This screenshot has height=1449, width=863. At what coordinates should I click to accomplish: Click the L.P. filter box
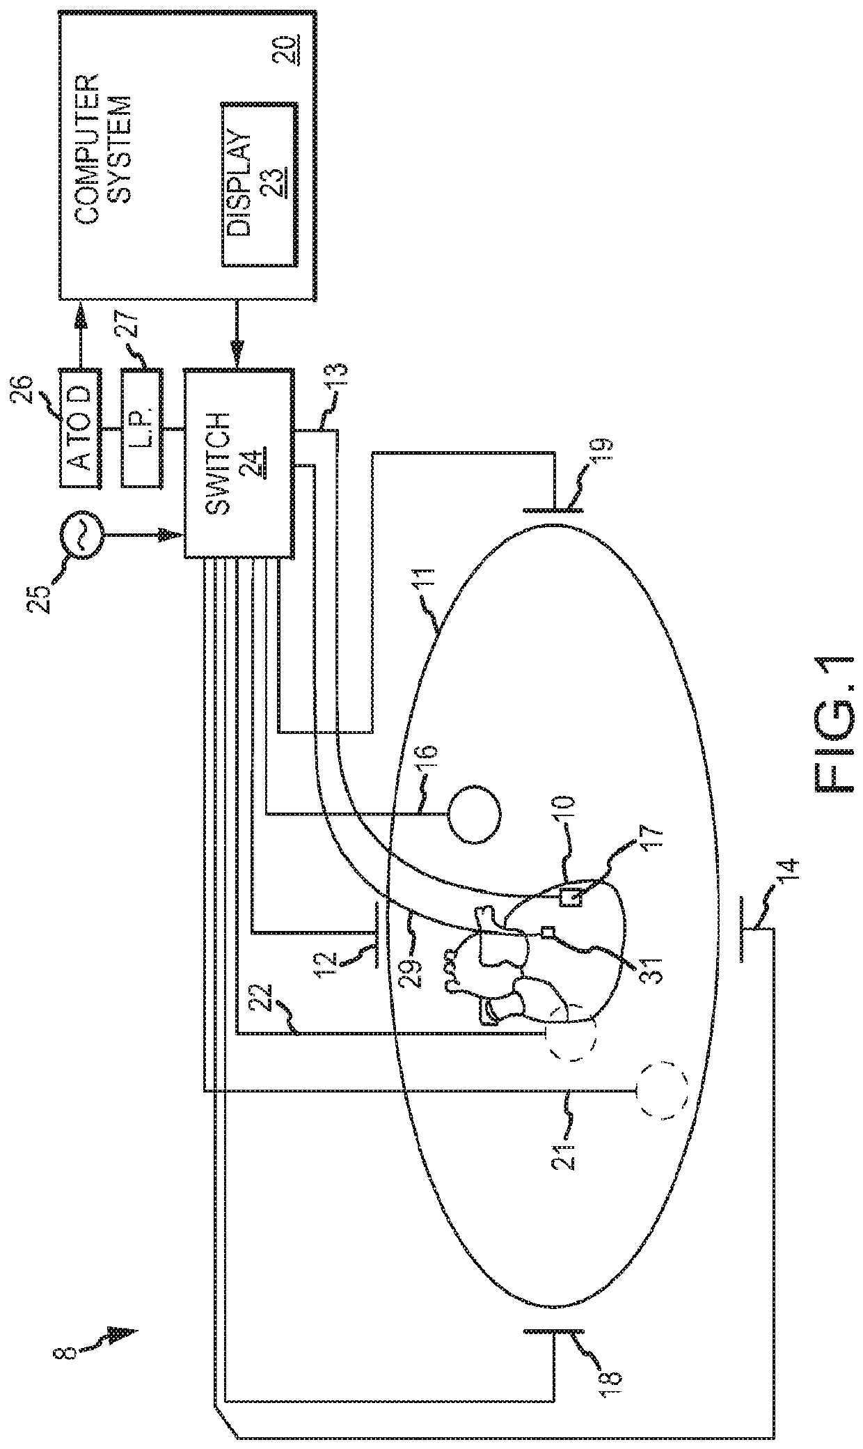143,428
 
